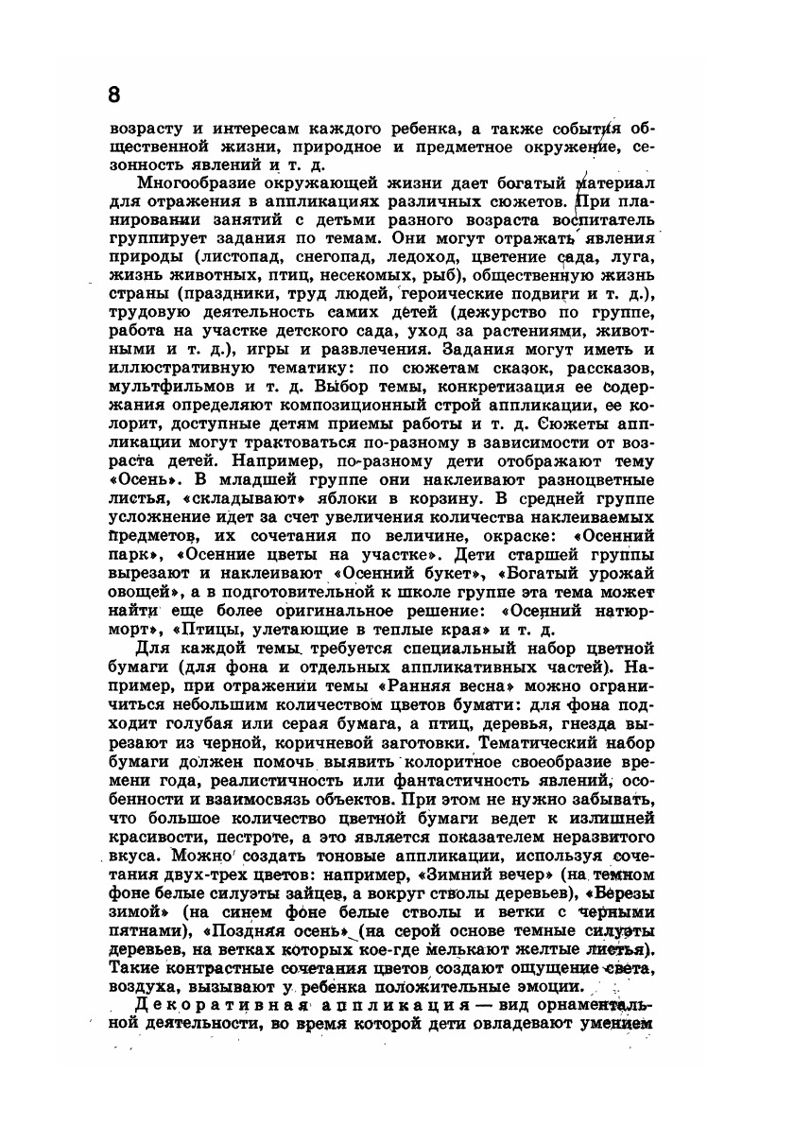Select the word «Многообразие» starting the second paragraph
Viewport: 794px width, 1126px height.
click(x=195, y=182)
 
